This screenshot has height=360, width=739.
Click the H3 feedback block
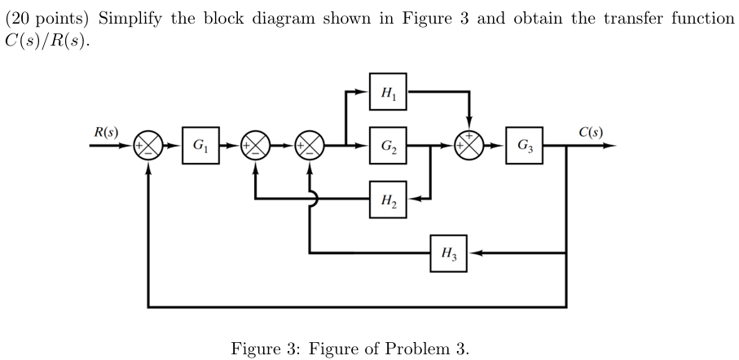pyautogui.click(x=450, y=253)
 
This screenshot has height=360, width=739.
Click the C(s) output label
pyautogui.click(x=591, y=131)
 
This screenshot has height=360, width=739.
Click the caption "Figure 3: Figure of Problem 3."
pyautogui.click(x=350, y=349)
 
